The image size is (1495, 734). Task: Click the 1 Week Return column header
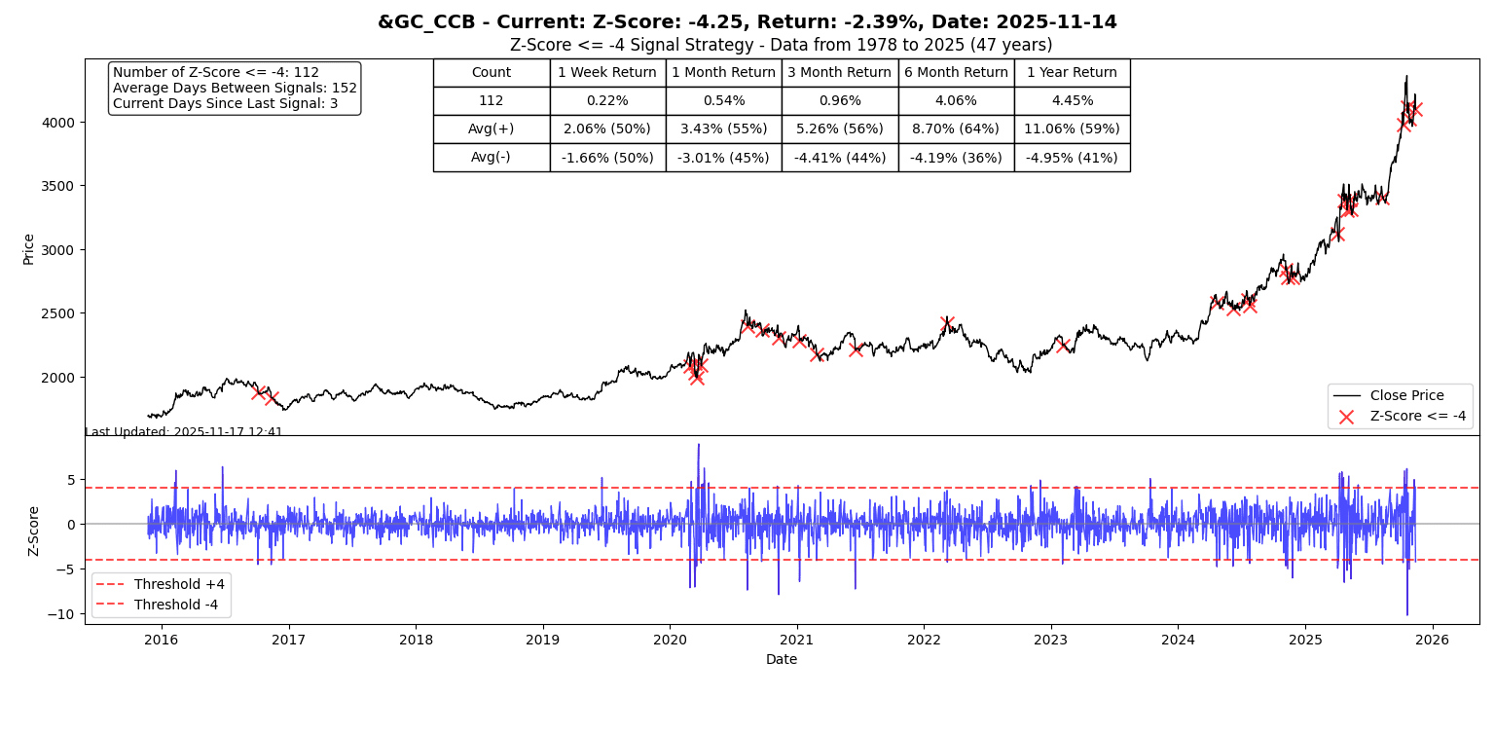(607, 72)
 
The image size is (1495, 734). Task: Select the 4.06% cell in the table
(956, 100)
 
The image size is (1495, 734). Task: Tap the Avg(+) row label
(492, 128)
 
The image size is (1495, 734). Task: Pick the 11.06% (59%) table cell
(1072, 128)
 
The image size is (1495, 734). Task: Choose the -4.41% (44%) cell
(840, 157)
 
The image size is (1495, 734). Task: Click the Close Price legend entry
(1406, 395)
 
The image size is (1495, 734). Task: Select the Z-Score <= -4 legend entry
(1417, 416)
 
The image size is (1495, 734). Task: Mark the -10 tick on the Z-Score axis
(61, 614)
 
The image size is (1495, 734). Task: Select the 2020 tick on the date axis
(670, 640)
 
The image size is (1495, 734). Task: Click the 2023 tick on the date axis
(1050, 640)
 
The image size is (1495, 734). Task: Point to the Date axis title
(781, 659)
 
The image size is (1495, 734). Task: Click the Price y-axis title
(28, 248)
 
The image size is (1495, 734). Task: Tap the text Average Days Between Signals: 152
(235, 88)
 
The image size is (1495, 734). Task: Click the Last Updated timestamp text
(184, 432)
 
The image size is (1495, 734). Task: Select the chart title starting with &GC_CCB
(747, 22)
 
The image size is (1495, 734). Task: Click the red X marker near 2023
(1063, 345)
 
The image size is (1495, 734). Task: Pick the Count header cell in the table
(492, 72)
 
